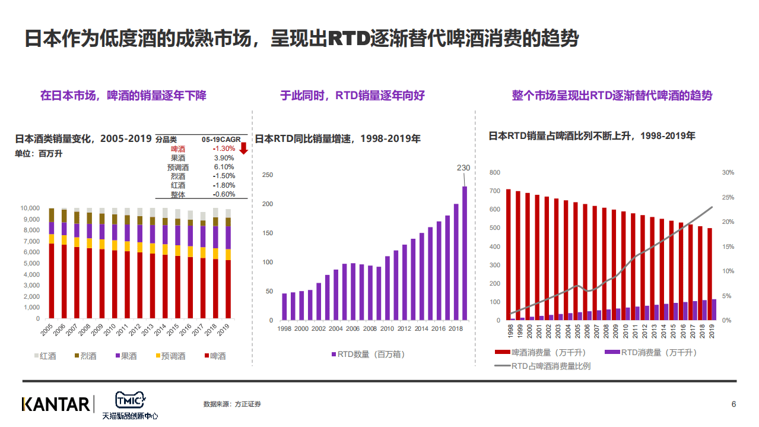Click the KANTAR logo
click(56, 404)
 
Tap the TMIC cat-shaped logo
click(130, 399)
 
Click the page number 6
click(733, 404)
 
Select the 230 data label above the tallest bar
click(463, 168)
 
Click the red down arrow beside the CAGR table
click(243, 148)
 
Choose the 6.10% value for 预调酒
click(224, 167)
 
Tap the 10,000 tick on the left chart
click(30, 208)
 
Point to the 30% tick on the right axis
click(728, 172)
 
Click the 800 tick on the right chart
click(495, 172)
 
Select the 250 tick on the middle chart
click(267, 175)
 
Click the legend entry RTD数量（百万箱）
click(368, 354)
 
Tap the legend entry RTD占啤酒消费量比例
click(542, 366)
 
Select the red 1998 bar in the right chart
click(508, 254)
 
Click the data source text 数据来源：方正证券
click(232, 404)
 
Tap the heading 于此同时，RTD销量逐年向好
click(352, 95)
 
